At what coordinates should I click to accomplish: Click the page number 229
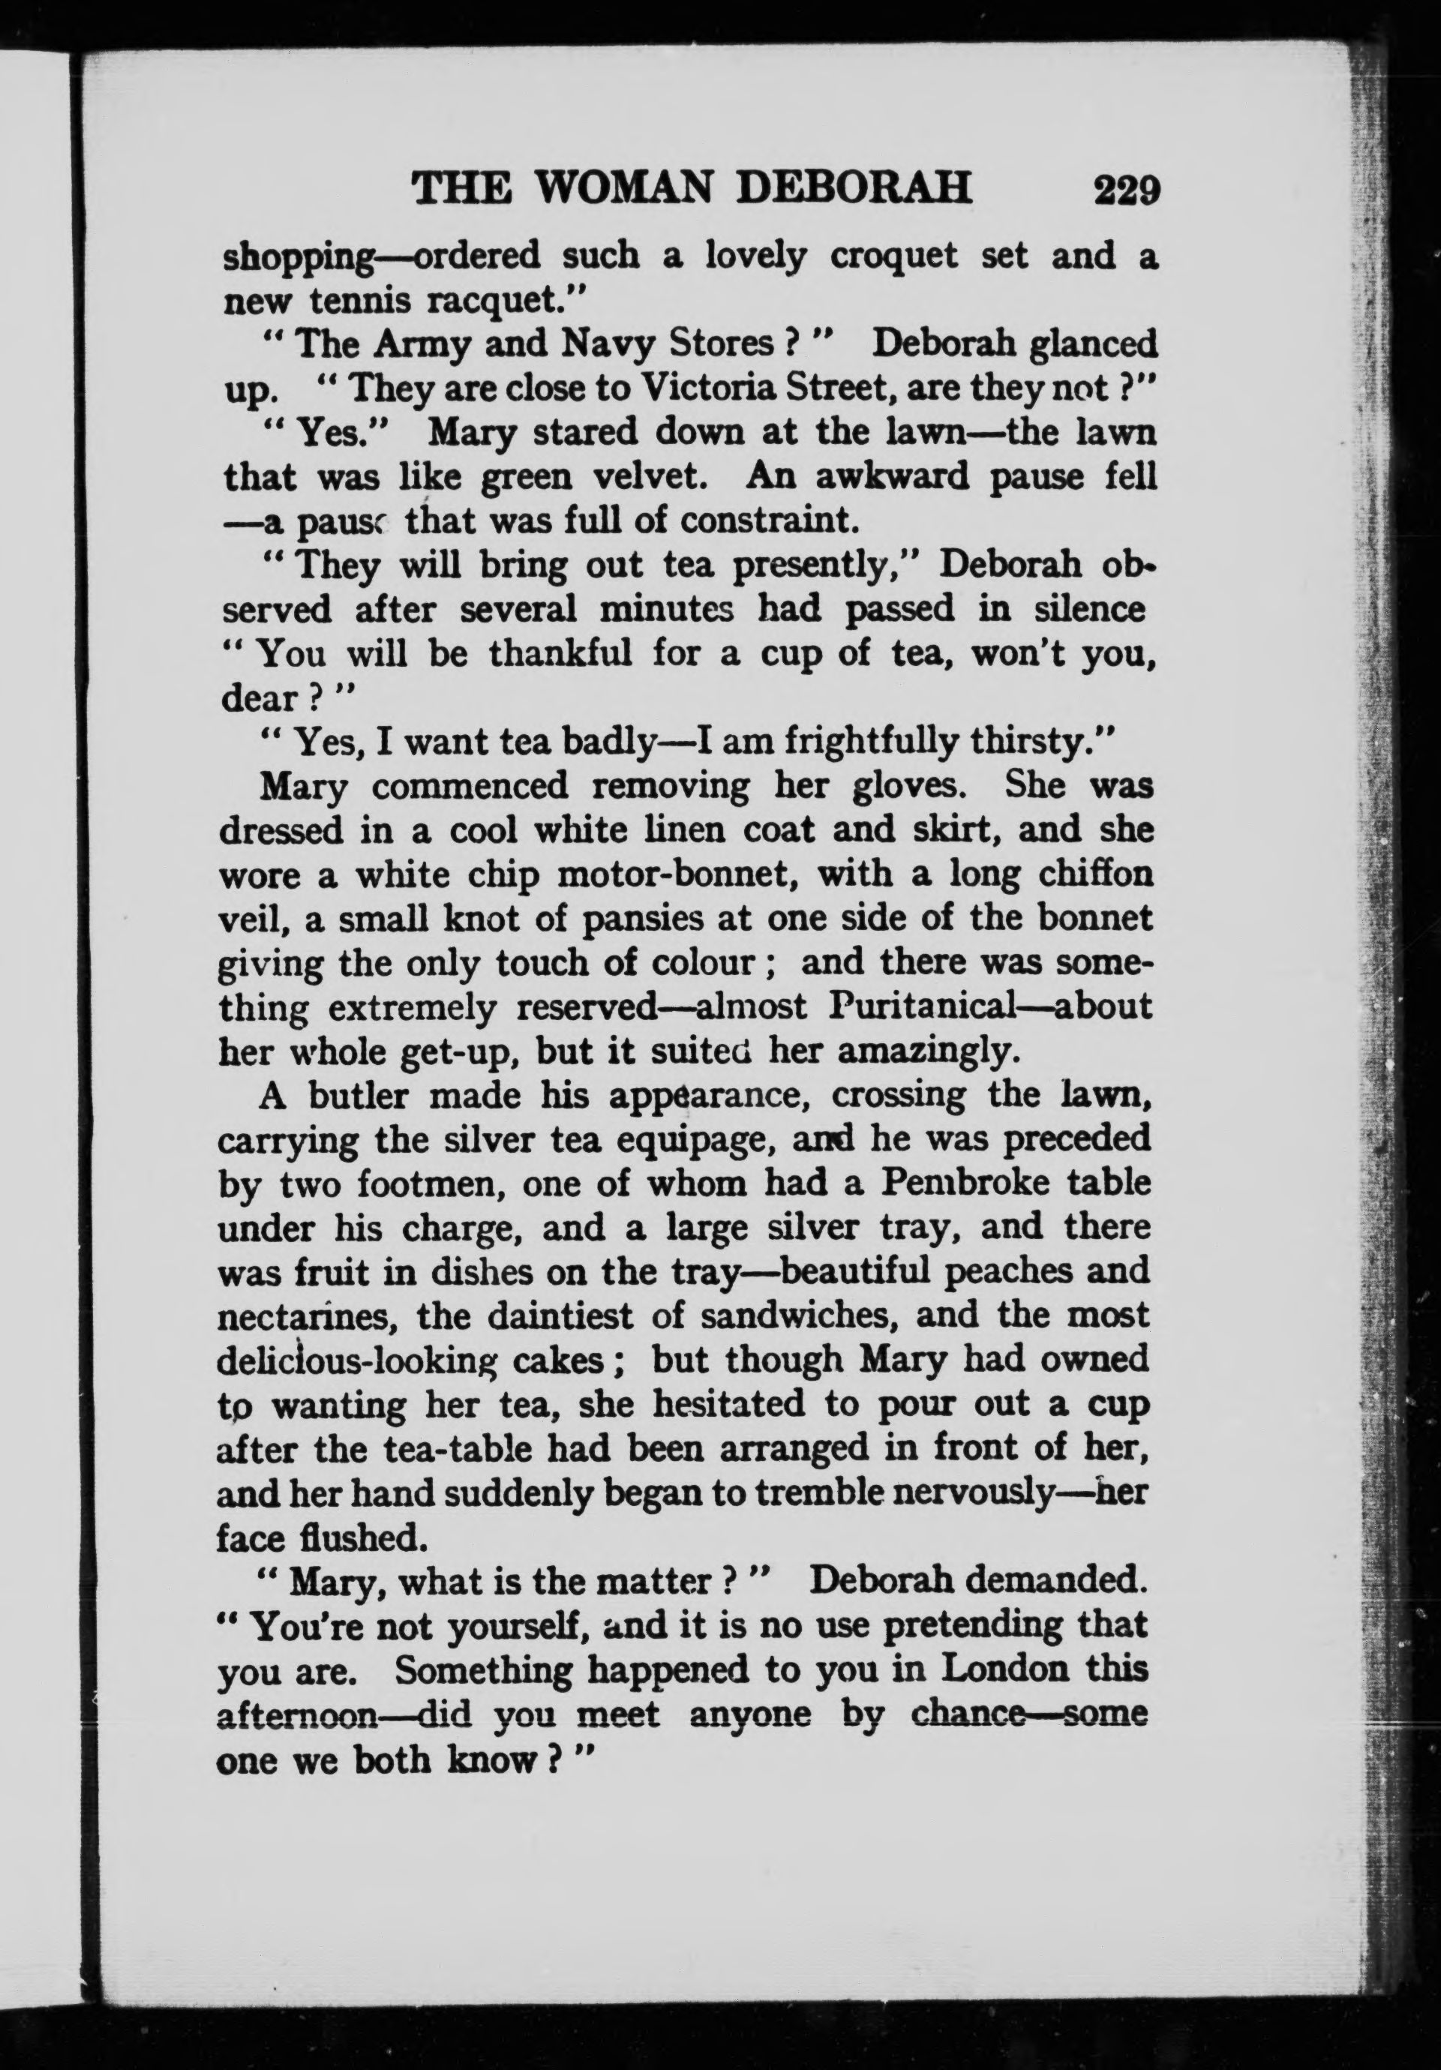[x=1124, y=190]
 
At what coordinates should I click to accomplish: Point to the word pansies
[x=639, y=918]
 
